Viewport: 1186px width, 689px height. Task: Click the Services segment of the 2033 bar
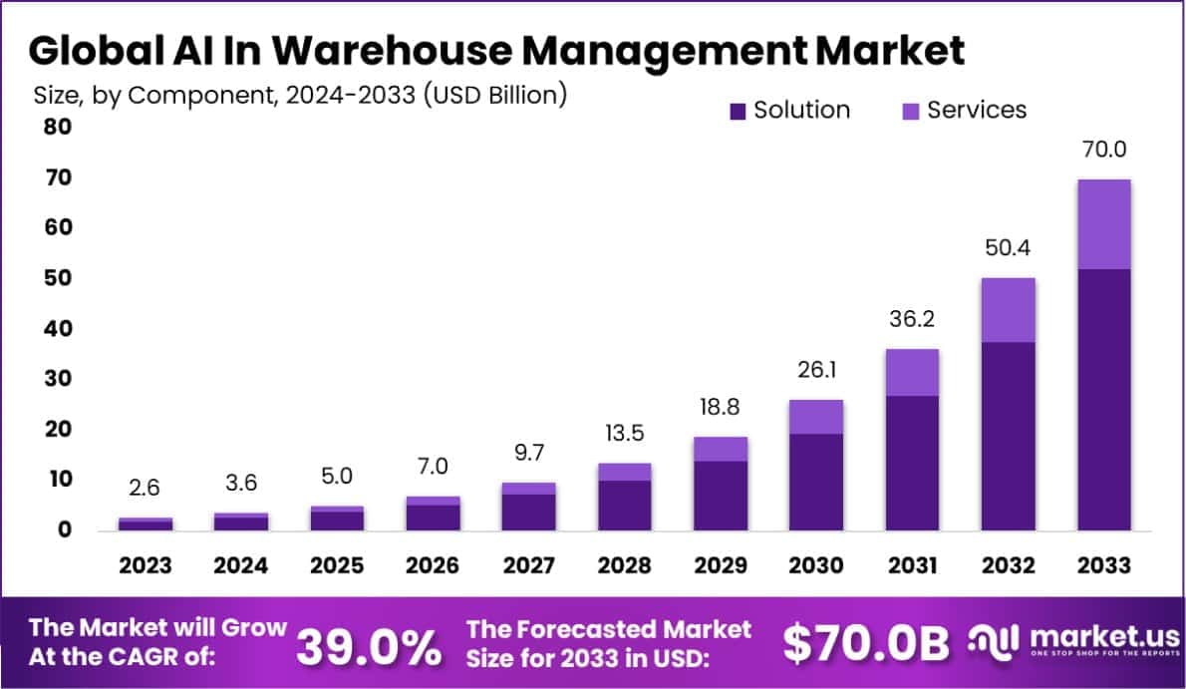1103,224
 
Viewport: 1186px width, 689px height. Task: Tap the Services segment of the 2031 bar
912,372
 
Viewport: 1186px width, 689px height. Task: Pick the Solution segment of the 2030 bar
816,482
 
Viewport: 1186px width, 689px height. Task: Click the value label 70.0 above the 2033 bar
1103,151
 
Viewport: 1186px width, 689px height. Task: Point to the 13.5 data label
624,434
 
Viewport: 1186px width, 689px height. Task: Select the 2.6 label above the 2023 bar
145,489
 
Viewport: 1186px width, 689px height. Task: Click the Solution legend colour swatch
738,111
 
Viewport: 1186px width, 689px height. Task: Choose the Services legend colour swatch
910,111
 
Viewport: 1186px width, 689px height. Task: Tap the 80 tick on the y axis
57,127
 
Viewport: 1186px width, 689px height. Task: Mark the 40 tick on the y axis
57,328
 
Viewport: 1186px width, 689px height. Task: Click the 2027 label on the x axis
528,565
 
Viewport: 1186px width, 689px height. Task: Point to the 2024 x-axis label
240,565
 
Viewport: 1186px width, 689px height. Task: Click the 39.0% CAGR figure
370,647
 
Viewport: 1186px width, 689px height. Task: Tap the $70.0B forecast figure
865,645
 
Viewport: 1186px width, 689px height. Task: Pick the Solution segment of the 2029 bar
721,495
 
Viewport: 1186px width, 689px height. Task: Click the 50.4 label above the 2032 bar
1008,248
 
